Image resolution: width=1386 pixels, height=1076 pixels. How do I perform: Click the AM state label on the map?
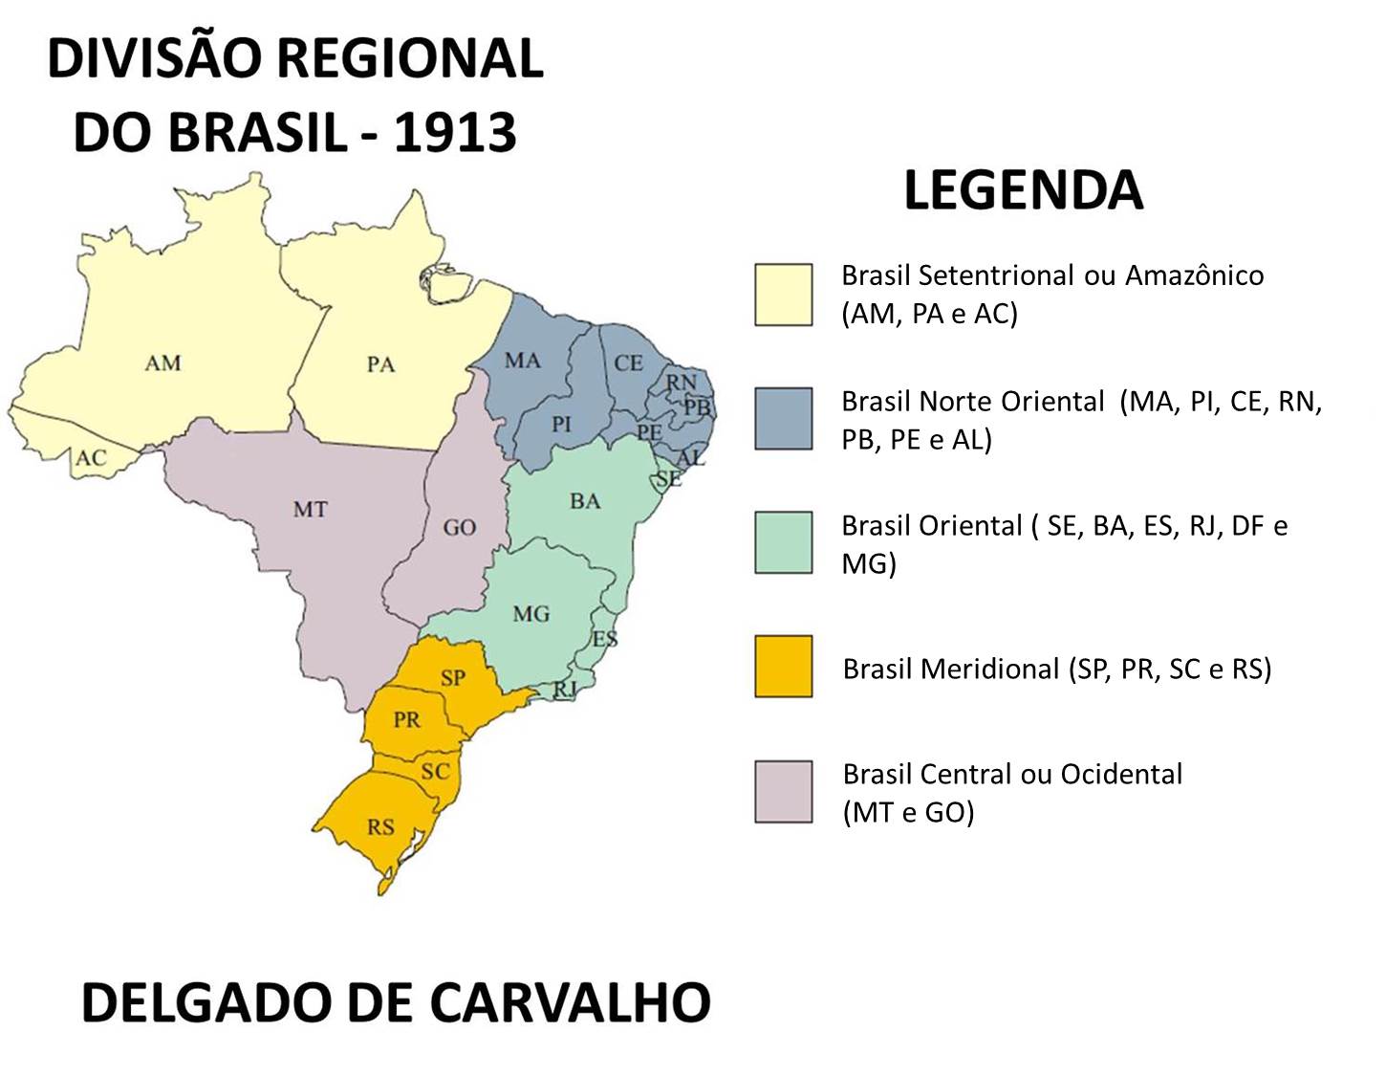click(x=162, y=363)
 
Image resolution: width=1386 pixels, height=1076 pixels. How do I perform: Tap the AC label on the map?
click(x=91, y=458)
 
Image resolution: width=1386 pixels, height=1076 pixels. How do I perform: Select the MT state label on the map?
click(x=310, y=510)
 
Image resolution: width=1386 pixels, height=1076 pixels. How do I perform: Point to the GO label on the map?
click(x=460, y=528)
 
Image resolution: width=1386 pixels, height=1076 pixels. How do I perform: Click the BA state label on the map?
click(x=585, y=501)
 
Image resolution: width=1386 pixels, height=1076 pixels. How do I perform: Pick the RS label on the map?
click(x=380, y=826)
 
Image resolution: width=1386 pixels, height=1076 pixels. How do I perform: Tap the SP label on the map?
click(x=453, y=678)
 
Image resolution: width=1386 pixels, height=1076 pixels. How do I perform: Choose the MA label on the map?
click(x=523, y=361)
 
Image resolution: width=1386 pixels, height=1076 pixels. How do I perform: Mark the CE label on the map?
click(x=628, y=363)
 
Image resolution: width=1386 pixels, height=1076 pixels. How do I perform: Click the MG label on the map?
click(x=531, y=614)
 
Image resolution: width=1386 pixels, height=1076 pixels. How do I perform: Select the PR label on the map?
click(x=406, y=719)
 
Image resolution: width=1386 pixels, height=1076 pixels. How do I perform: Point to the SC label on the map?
click(x=435, y=771)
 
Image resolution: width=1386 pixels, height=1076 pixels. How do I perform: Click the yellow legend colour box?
click(x=783, y=295)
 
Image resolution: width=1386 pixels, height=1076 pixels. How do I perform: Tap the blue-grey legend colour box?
click(x=783, y=419)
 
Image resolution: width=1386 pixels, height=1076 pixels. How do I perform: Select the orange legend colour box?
click(x=783, y=667)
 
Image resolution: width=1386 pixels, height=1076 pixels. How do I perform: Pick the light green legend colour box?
click(x=783, y=542)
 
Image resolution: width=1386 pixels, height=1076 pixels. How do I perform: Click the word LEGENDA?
click(x=1023, y=190)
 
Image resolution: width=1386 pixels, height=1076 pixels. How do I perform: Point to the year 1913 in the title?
click(x=455, y=133)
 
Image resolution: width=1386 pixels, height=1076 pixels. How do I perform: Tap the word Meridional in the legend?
click(x=989, y=669)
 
